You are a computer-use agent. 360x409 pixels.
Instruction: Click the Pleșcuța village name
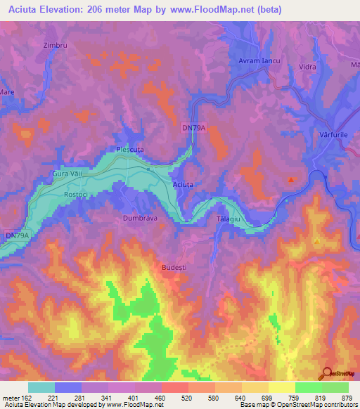[130, 149]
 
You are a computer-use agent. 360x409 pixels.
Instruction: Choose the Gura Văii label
[68, 173]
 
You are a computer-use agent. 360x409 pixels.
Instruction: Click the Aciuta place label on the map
[183, 185]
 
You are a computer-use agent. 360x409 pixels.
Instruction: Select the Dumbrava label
[139, 219]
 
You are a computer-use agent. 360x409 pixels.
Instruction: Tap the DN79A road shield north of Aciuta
[193, 126]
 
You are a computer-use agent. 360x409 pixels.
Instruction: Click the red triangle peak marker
[290, 179]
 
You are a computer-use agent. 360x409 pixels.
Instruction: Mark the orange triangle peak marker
[317, 241]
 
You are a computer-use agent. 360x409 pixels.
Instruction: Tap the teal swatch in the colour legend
[41, 387]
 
